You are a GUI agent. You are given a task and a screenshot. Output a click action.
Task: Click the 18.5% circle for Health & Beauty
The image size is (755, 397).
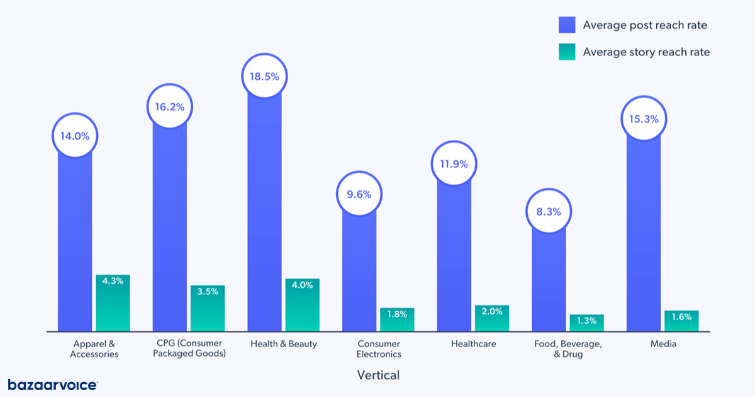[x=264, y=76]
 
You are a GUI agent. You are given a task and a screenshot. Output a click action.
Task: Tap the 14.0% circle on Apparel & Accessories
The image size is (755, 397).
[x=75, y=135]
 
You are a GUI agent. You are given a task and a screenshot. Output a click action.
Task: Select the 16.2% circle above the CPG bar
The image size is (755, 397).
[x=170, y=106]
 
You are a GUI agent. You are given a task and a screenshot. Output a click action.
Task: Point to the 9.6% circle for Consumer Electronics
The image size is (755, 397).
[x=359, y=194]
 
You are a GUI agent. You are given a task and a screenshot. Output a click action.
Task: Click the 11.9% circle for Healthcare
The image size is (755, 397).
[x=454, y=164]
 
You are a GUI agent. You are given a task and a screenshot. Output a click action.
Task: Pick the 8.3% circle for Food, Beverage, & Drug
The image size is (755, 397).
[x=549, y=212]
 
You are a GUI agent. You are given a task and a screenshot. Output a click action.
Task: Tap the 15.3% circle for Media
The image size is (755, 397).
[x=644, y=118]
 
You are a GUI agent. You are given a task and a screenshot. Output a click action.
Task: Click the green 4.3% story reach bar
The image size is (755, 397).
[x=113, y=303]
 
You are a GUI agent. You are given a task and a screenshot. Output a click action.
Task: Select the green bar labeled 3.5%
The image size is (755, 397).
[x=208, y=308]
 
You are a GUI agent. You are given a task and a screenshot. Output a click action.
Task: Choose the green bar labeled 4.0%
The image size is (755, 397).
[x=302, y=305]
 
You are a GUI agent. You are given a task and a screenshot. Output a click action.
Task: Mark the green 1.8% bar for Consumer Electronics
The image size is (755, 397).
[x=397, y=319]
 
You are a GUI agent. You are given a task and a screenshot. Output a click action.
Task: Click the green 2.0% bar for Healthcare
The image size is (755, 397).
[x=491, y=318]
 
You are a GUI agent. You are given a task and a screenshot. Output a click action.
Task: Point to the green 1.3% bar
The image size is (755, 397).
[x=586, y=323]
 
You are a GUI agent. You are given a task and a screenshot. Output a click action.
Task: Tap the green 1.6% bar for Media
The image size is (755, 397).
[x=681, y=321]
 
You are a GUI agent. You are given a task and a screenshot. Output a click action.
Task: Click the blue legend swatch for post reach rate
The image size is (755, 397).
[x=567, y=25]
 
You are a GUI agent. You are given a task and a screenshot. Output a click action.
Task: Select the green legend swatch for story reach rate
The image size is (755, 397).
[x=567, y=52]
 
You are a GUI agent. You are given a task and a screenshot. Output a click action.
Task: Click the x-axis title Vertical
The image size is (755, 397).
[x=377, y=375]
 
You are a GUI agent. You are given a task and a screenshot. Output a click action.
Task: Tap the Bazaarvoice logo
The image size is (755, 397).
[x=52, y=384]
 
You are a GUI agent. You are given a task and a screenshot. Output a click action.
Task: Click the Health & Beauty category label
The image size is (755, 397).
[x=284, y=344]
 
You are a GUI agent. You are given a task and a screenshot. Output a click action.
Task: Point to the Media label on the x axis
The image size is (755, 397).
[x=663, y=344]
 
